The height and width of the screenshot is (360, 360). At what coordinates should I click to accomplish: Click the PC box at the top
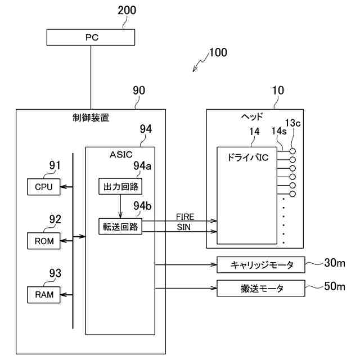point(90,38)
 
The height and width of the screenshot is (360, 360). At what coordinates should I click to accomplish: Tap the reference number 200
point(127,10)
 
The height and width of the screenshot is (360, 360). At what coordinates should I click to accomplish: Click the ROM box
point(43,241)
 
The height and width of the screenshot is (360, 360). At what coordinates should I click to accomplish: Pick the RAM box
point(43,294)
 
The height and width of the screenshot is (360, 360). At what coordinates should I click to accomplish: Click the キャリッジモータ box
point(260,264)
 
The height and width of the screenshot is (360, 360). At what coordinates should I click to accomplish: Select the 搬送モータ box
point(260,289)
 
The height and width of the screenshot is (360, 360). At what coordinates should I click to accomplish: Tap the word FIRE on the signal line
point(185,217)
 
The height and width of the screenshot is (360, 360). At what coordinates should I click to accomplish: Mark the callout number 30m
point(336,262)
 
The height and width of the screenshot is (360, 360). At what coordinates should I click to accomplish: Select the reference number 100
point(218,53)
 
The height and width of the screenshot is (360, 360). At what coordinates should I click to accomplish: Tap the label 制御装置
point(91,118)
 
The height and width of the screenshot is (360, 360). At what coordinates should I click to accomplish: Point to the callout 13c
point(294,123)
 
